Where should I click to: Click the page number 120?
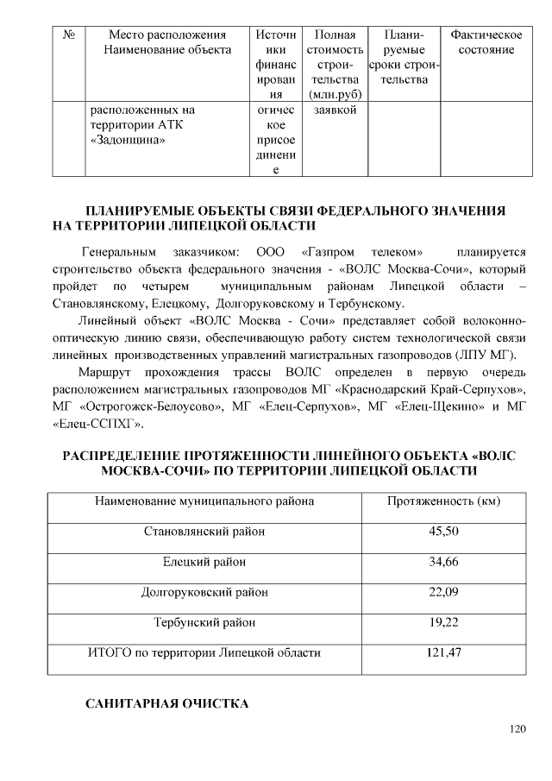coord(517,729)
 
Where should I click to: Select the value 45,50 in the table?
coord(443,531)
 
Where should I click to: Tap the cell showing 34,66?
coord(443,562)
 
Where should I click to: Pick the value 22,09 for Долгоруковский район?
coord(443,592)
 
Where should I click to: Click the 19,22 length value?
coord(443,621)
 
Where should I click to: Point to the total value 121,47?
coord(443,652)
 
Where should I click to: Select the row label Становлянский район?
coord(204,531)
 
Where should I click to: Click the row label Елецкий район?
coord(204,562)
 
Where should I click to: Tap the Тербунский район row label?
coord(204,621)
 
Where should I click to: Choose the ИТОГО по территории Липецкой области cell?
coord(204,652)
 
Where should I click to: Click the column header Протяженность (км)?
coord(443,501)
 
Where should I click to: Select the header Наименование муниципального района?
coord(204,501)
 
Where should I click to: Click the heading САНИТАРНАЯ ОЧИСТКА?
coord(166,704)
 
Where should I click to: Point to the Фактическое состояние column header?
coord(486,42)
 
